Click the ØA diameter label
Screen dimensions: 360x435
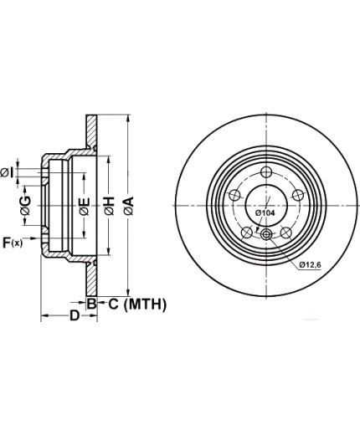129,206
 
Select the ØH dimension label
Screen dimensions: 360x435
110,206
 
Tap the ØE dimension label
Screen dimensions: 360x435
85,207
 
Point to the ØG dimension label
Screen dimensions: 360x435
25,205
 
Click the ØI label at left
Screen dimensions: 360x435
7,173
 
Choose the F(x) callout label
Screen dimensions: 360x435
13,243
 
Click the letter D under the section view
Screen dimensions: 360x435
75,315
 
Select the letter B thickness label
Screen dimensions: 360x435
91,304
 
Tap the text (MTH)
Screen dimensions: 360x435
145,304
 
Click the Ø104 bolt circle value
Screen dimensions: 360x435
265,213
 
